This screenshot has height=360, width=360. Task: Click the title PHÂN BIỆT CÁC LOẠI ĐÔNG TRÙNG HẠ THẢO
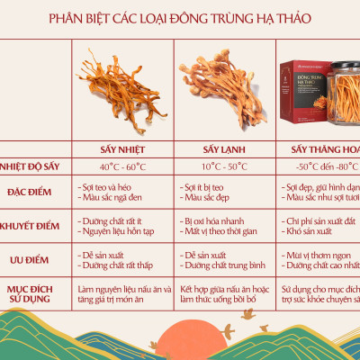pyautogui.click(x=180, y=17)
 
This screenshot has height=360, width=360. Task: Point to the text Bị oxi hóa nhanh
pyautogui.click(x=210, y=220)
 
